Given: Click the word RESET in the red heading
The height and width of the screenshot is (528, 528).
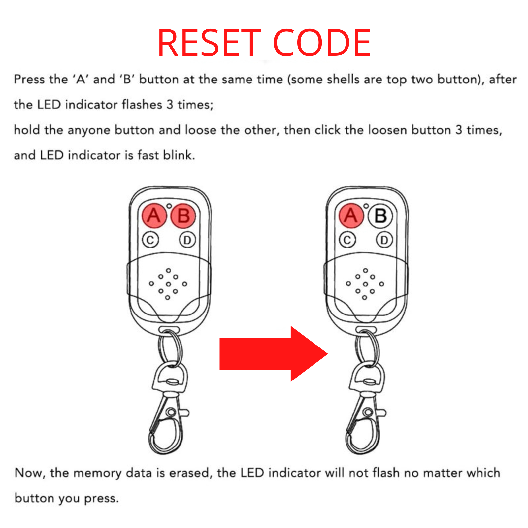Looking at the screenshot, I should pyautogui.click(x=209, y=43).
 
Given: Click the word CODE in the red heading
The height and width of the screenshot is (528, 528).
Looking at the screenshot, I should pyautogui.click(x=322, y=43).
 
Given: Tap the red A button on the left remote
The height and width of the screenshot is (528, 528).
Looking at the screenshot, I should pyautogui.click(x=153, y=216).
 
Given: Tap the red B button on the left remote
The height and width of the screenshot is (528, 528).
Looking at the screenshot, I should pyautogui.click(x=183, y=216).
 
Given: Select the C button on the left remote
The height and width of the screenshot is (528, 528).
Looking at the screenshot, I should pyautogui.click(x=150, y=240).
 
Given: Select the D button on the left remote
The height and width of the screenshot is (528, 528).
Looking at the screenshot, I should pyautogui.click(x=187, y=240).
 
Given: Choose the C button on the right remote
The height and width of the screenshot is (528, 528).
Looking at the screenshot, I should pyautogui.click(x=347, y=240).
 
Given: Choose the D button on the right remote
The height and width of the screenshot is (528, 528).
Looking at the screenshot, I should pyautogui.click(x=384, y=240).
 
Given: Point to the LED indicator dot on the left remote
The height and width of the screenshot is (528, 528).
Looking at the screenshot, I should pyautogui.click(x=169, y=206).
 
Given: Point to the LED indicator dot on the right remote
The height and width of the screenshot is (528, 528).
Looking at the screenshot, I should pyautogui.click(x=366, y=206).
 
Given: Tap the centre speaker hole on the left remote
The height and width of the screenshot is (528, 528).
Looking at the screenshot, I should pyautogui.click(x=168, y=284).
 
